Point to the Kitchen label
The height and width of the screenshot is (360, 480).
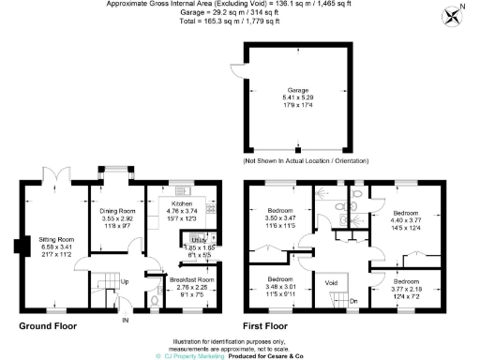click(181, 202)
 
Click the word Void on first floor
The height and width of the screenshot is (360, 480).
click(330, 282)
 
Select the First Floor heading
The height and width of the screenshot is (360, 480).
click(269, 326)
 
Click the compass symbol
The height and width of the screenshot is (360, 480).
click(453, 14)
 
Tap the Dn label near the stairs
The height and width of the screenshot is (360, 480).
click(353, 301)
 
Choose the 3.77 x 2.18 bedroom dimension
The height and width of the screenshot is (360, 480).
click(407, 289)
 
